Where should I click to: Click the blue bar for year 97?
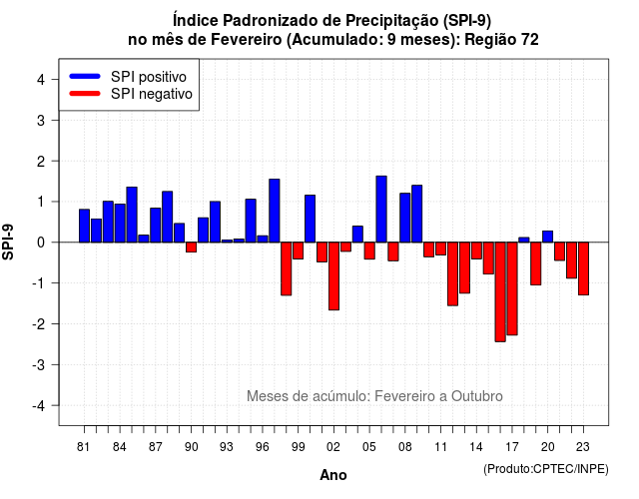tap(275, 211)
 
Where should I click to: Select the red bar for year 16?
tap(500, 292)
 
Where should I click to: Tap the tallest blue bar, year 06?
tap(381, 209)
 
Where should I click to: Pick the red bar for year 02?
tap(333, 276)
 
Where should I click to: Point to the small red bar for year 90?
tap(191, 248)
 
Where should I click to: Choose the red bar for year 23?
tap(583, 268)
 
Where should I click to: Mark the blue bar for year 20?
tap(548, 237)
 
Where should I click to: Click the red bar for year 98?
tap(287, 268)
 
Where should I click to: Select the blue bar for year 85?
tap(132, 215)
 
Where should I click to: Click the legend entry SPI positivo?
tap(149, 77)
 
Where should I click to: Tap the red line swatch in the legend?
tap(85, 94)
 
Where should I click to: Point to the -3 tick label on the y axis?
tap(40, 365)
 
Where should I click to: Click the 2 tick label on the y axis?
tap(41, 162)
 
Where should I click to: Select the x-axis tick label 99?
tap(299, 447)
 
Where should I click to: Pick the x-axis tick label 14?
tap(476, 447)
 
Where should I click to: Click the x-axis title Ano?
tap(333, 475)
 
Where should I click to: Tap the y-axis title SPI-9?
tap(8, 242)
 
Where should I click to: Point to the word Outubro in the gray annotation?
tap(477, 396)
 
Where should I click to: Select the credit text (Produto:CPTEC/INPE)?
tap(546, 469)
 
